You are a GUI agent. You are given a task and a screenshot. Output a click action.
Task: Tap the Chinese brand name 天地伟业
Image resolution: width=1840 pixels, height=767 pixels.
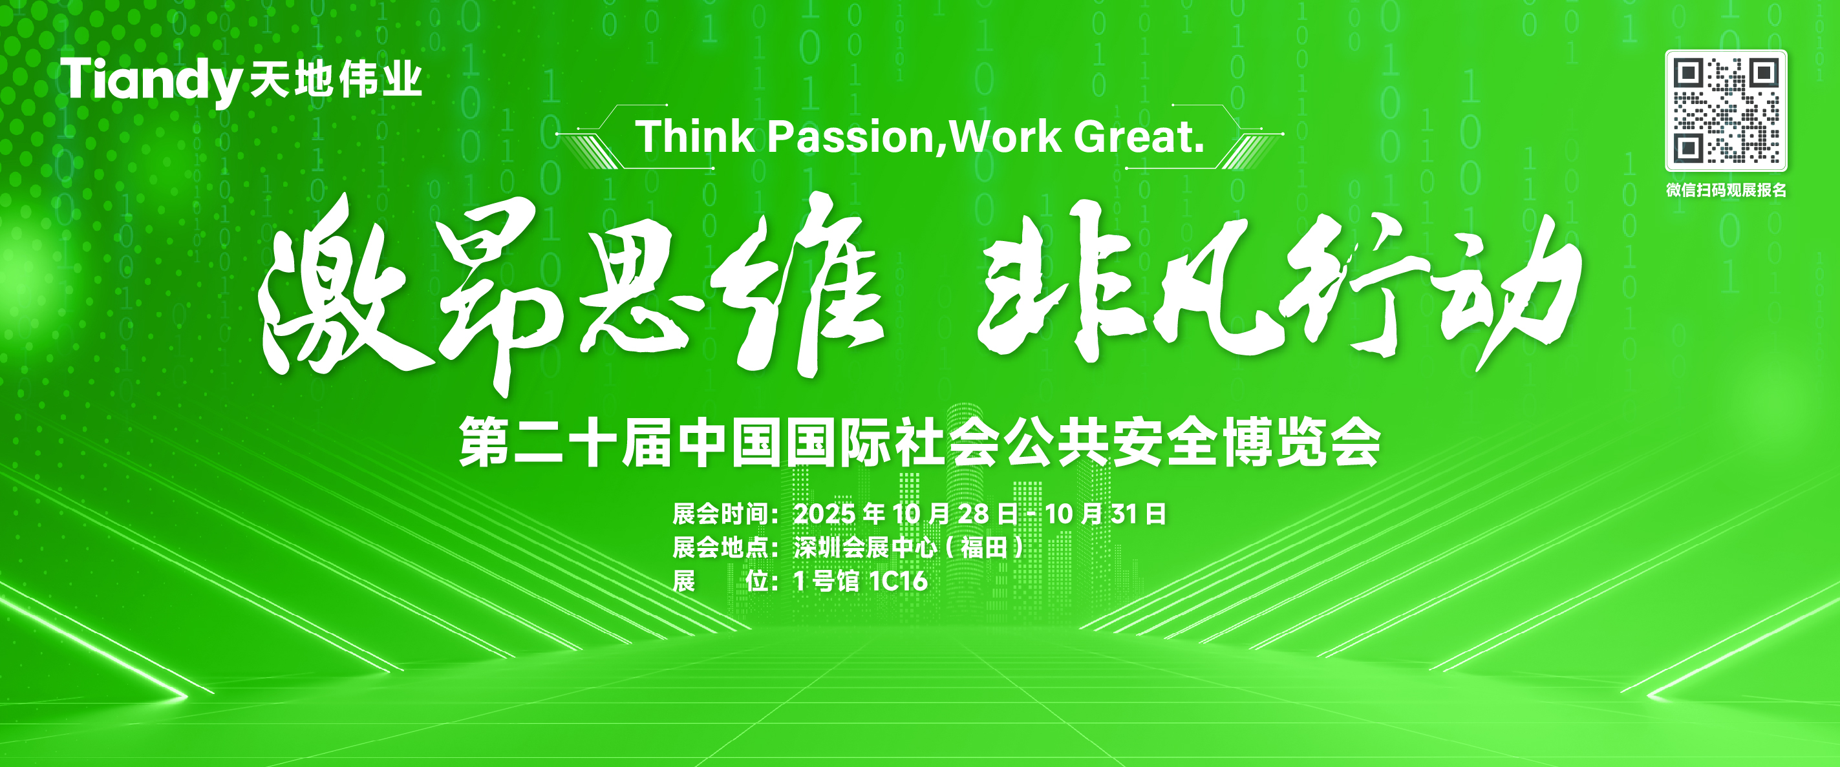click(336, 79)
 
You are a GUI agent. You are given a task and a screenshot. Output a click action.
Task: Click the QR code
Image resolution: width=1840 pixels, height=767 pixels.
click(1726, 110)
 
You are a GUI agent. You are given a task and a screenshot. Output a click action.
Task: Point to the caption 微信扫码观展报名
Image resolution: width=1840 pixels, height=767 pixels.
click(1726, 190)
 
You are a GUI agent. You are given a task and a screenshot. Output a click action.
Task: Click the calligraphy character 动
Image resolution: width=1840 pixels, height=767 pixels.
click(1507, 293)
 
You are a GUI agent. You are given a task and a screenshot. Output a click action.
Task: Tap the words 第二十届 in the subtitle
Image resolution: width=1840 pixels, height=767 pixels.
click(564, 443)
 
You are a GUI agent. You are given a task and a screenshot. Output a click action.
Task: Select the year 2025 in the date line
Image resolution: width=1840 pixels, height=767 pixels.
click(824, 514)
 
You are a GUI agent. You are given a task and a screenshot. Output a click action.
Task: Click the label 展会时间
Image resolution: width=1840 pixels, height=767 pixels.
click(720, 514)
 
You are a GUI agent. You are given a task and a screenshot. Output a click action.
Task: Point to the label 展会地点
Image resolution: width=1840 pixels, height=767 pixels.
click(720, 548)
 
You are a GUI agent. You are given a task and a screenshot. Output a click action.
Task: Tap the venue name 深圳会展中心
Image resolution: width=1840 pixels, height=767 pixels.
click(865, 548)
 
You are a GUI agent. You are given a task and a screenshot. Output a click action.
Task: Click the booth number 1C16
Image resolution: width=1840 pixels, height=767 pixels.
click(898, 582)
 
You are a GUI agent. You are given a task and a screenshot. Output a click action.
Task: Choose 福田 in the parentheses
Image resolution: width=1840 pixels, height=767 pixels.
click(984, 548)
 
